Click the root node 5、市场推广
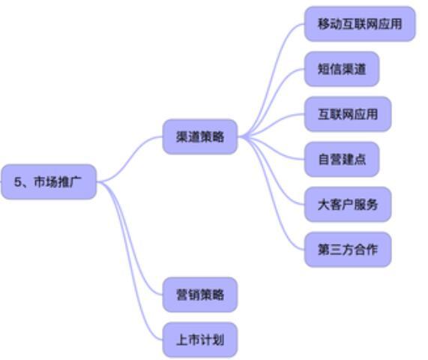point(49,181)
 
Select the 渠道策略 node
point(200,136)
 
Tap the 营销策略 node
point(200,295)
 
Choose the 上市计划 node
point(200,340)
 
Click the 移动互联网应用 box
point(360,24)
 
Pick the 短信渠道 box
point(342,69)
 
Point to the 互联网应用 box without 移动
point(348,114)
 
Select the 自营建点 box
point(342,159)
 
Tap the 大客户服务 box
point(348,204)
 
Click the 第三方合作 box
point(348,250)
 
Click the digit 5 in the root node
point(17,182)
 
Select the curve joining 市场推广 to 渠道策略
point(130,159)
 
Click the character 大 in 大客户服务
point(324,205)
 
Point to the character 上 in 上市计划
point(182,340)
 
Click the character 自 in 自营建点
point(324,160)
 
